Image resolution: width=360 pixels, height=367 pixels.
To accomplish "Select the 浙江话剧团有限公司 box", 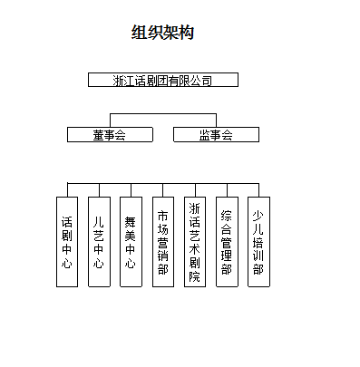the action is coord(163,80).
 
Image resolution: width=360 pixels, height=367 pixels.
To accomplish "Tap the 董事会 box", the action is coord(109,135).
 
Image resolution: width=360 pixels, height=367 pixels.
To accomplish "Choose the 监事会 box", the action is coord(216,135).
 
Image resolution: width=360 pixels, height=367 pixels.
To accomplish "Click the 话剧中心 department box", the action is coord(67,242).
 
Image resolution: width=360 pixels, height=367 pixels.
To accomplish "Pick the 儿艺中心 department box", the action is coord(99,242).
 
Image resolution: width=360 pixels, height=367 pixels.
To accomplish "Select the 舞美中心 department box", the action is coord(131,242).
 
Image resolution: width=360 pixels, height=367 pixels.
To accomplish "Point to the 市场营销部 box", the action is coord(163,242).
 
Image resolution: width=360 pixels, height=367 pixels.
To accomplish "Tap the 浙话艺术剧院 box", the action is coord(195,242).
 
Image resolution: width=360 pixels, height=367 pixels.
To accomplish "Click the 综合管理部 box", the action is coord(227,242).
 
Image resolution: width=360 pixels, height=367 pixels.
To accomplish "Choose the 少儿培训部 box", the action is coord(258,242).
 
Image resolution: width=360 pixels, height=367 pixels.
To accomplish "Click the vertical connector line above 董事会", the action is coord(110,121).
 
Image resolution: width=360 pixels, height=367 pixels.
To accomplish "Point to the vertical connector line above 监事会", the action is coord(216,121).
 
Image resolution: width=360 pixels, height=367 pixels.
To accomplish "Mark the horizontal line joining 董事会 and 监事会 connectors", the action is coord(163,114).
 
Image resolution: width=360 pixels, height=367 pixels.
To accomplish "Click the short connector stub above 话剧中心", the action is coord(67,190).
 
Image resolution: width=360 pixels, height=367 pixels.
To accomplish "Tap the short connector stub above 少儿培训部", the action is coord(258,190).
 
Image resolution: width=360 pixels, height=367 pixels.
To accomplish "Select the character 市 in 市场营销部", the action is coord(163,217).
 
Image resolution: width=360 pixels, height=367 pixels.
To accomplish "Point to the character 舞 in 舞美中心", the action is coord(131,220).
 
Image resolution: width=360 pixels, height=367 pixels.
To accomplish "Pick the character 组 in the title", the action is coord(140,33).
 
